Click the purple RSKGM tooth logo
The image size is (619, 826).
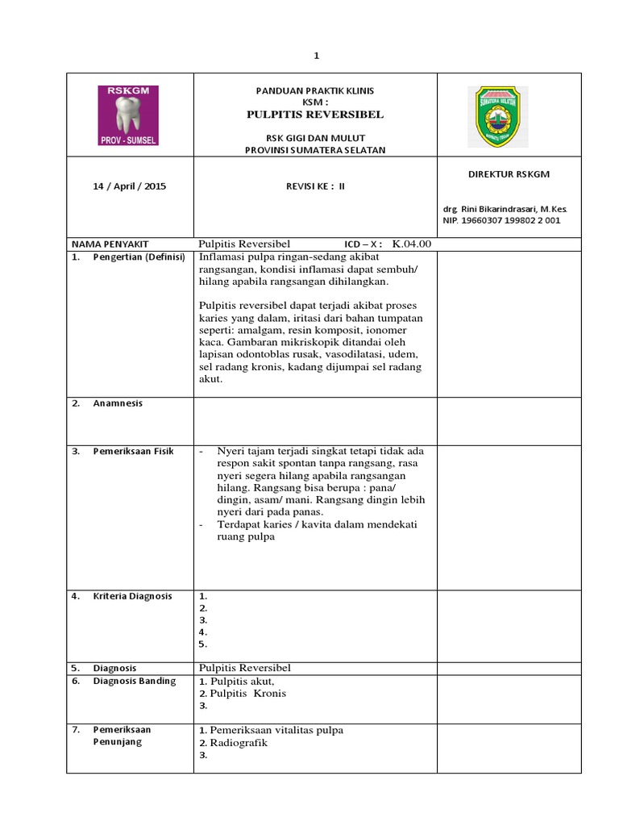coord(128,115)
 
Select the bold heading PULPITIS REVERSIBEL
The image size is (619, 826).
coord(315,115)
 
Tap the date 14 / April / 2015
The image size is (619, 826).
coord(130,186)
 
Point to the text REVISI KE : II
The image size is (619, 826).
coord(315,186)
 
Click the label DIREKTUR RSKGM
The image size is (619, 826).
coord(509,174)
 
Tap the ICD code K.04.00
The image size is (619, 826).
coord(412,244)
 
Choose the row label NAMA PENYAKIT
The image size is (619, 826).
coord(110,244)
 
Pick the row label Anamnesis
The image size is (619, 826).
coord(117,403)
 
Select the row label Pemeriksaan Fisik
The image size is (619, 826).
coord(132,451)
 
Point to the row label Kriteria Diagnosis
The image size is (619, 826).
coord(132,596)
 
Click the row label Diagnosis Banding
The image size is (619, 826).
coord(134,681)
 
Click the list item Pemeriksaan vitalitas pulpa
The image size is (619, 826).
coord(276,730)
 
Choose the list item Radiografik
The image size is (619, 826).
coord(239,743)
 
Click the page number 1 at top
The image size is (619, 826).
coord(317,56)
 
